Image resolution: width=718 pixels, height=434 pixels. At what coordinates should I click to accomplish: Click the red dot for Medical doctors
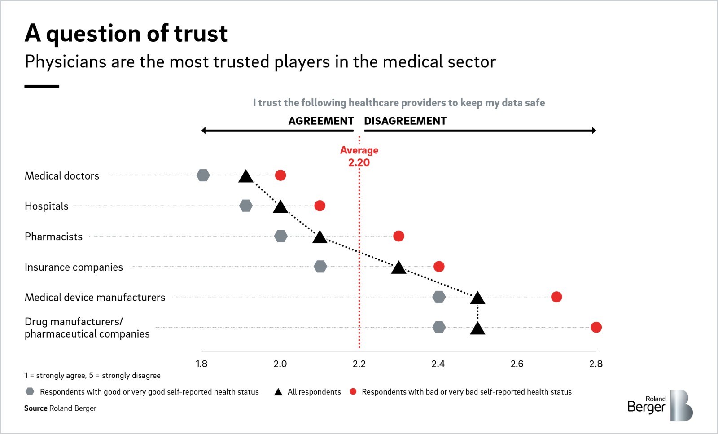coord(280,175)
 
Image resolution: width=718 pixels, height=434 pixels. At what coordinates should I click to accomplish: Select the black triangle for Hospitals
coord(280,207)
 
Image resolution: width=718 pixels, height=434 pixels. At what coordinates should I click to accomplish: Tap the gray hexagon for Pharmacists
coord(281,236)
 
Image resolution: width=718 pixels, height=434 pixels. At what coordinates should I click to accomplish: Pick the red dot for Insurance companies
coord(439,266)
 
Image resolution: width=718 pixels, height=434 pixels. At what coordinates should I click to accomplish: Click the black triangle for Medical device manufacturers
coord(477,298)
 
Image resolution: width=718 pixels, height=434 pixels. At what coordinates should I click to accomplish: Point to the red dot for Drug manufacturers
coord(596,327)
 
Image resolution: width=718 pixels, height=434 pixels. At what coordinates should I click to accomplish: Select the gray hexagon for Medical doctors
coord(203,175)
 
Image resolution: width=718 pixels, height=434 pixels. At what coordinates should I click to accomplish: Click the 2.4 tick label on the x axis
coord(438,364)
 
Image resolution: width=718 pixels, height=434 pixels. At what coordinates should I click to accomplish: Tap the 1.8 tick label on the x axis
coord(201,364)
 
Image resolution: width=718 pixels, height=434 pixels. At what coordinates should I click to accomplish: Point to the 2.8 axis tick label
coord(596,364)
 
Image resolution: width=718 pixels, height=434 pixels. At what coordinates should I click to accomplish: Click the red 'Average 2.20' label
coord(359,156)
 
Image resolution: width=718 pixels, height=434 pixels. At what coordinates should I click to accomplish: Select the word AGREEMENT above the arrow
coord(321,121)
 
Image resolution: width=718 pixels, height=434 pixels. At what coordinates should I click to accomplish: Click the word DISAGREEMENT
coord(405,121)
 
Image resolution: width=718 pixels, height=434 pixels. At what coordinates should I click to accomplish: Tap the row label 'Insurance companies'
coord(74,267)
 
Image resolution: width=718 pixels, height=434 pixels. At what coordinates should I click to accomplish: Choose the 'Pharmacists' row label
coord(53,237)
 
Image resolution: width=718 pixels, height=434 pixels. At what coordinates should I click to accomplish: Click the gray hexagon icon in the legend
coord(30,392)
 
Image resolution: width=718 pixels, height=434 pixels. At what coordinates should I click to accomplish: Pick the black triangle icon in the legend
coord(278,392)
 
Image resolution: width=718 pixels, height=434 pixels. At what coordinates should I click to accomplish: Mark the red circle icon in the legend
coord(353,391)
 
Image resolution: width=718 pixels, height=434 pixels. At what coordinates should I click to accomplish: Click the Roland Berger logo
coord(660,405)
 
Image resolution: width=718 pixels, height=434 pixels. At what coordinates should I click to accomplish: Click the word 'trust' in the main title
coord(201,33)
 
